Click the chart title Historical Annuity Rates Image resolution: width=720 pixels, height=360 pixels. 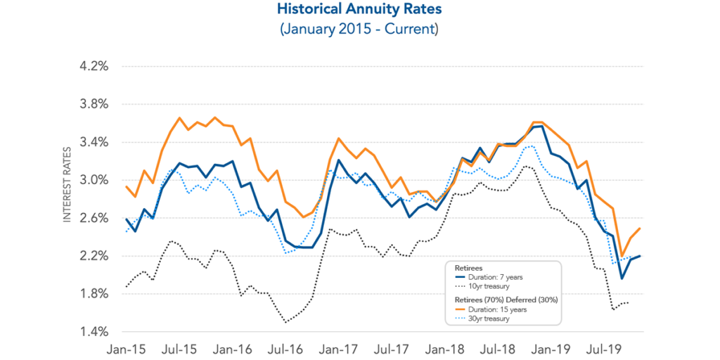pyautogui.click(x=359, y=10)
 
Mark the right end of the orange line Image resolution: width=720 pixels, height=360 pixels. pyautogui.click(x=640, y=229)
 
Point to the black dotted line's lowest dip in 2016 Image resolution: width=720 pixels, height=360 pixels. pyautogui.click(x=286, y=322)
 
